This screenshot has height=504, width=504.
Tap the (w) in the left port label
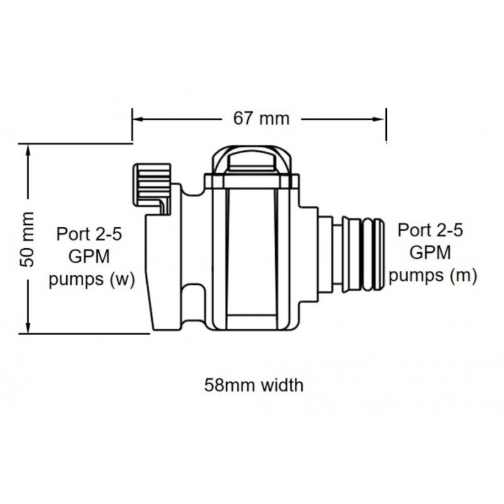click(x=122, y=280)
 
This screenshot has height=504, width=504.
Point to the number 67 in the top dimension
click(x=246, y=118)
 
